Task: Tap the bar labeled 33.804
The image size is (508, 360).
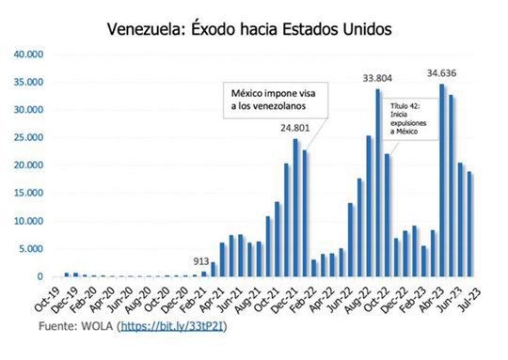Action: [x=377, y=183]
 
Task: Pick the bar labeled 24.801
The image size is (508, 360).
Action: [x=294, y=208]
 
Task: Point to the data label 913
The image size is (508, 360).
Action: [x=201, y=262]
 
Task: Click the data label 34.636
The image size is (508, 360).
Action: [x=441, y=73]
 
